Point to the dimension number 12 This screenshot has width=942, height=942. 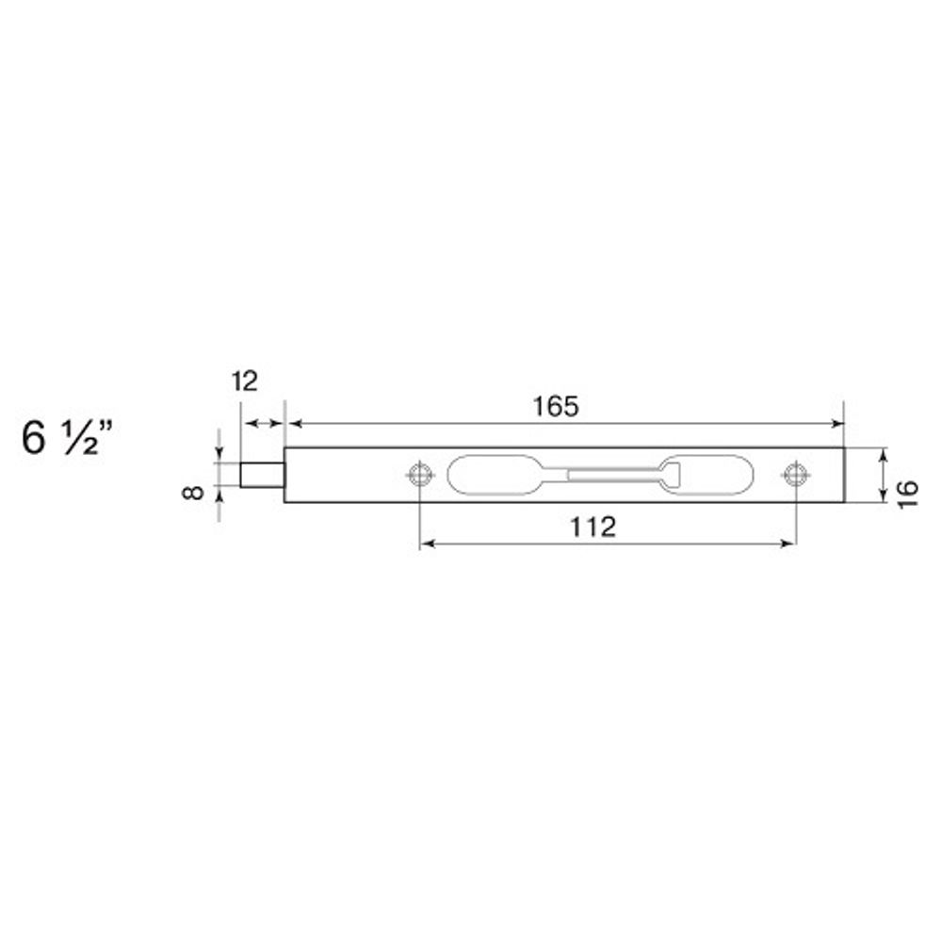[x=243, y=382]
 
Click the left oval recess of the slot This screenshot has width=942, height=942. [x=490, y=475]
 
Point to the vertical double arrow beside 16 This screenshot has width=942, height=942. [x=883, y=476]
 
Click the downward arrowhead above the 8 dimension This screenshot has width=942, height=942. [x=219, y=456]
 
